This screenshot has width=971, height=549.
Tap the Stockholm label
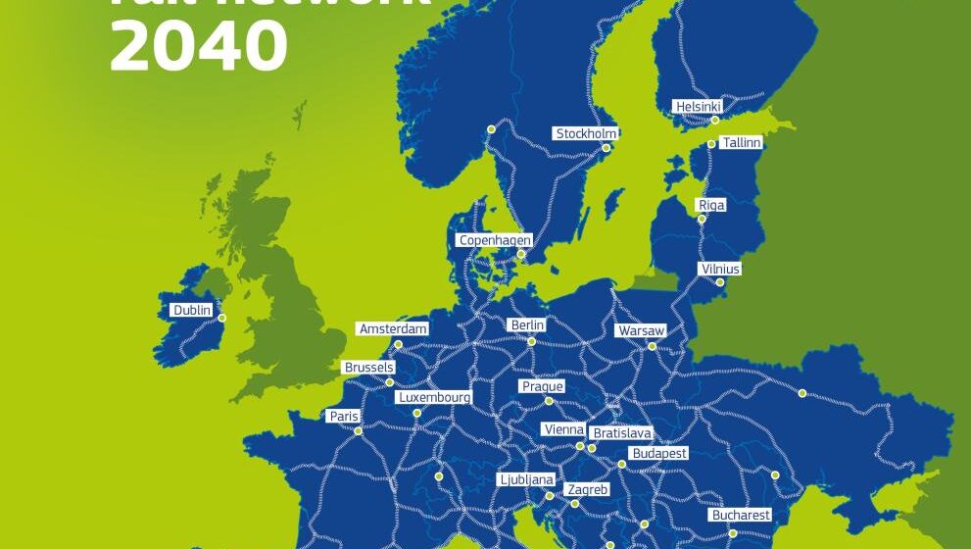(x=586, y=133)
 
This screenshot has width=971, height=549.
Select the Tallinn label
(x=741, y=143)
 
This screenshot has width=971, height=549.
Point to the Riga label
(x=711, y=205)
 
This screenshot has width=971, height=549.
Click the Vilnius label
(x=720, y=269)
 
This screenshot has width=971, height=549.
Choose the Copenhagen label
(x=495, y=240)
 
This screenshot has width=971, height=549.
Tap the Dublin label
(x=192, y=311)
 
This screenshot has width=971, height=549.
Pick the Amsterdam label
(x=393, y=329)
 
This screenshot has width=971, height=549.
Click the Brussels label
(x=368, y=368)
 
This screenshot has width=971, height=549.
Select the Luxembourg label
(x=434, y=398)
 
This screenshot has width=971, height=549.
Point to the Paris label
(x=343, y=417)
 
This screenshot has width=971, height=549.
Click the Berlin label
(x=526, y=325)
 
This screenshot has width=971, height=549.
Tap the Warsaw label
(x=641, y=331)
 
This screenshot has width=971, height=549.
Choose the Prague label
(x=542, y=387)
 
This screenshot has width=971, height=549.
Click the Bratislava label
(x=621, y=433)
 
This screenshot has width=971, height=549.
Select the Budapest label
(x=659, y=454)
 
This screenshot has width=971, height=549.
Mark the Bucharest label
(x=741, y=515)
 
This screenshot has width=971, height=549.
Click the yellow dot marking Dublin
(x=221, y=318)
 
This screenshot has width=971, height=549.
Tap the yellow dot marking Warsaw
(x=652, y=345)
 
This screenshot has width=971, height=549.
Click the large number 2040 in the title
(x=199, y=44)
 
